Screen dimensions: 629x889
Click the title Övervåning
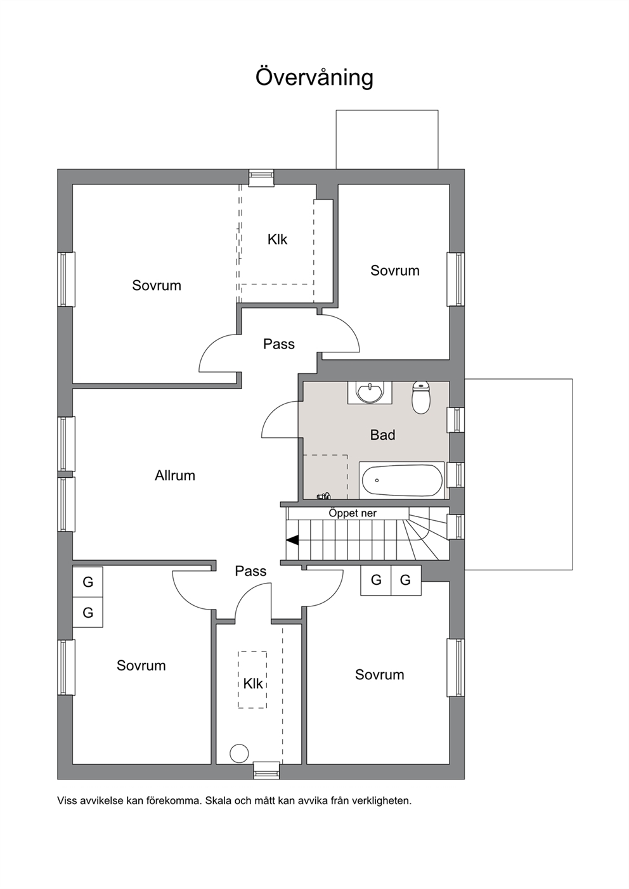tap(314, 78)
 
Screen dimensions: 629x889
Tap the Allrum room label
tap(175, 475)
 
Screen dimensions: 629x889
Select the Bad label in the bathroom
tap(382, 435)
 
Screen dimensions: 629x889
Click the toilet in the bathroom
tap(420, 397)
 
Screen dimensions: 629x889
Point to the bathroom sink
tap(370, 392)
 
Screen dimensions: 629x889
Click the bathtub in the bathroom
tap(402, 480)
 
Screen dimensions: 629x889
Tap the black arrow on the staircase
tap(292, 540)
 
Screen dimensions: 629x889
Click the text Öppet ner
tap(353, 513)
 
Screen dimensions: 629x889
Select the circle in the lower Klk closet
tap(239, 753)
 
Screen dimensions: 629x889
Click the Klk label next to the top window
tap(277, 240)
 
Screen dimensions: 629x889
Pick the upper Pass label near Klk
tap(279, 344)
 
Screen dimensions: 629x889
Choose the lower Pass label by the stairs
tap(250, 571)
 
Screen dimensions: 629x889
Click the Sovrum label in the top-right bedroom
tap(395, 271)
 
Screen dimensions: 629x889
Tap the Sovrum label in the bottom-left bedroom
tap(141, 665)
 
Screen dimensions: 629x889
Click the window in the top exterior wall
tap(261, 177)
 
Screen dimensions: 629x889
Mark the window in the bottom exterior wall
tap(266, 770)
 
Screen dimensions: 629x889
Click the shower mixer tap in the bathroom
tap(323, 496)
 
